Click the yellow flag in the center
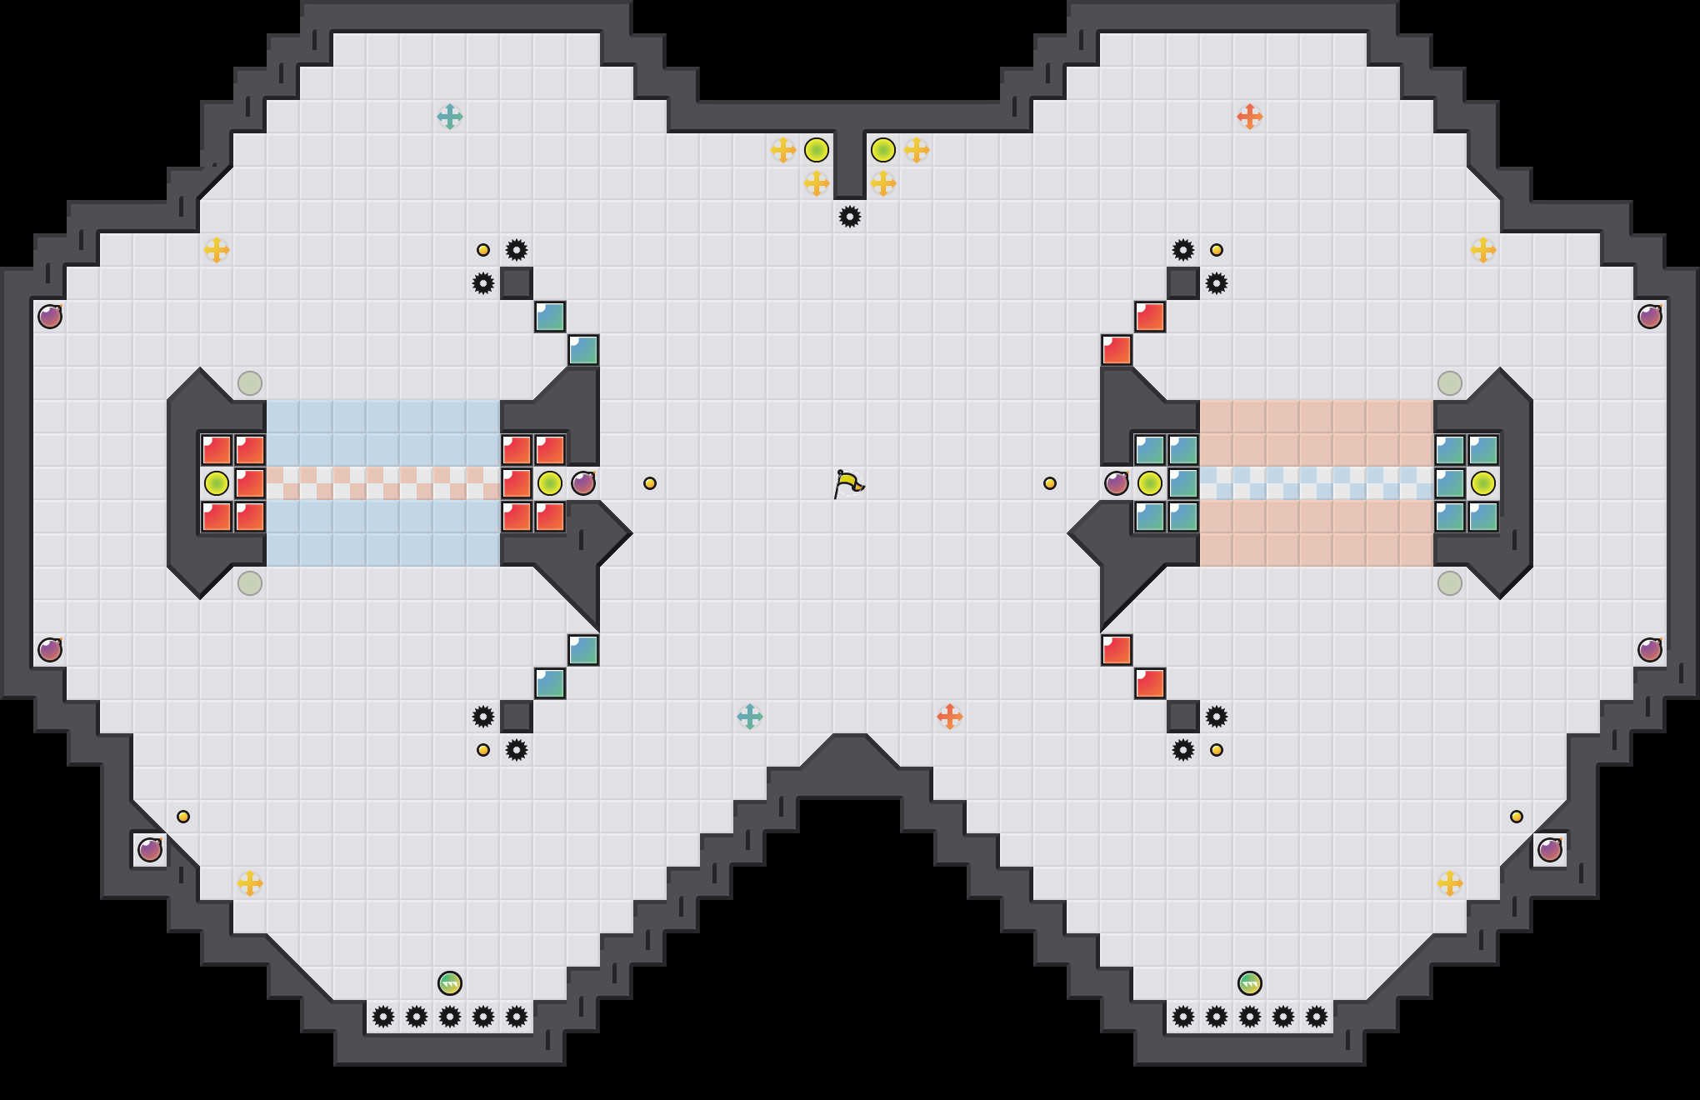point(848,483)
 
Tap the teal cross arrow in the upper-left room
point(450,117)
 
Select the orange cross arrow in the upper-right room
point(1250,117)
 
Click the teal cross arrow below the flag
point(750,717)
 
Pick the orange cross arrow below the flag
point(950,717)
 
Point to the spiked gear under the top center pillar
point(850,217)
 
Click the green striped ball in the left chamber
point(450,983)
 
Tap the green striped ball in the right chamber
point(1250,983)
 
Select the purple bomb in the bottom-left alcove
point(150,850)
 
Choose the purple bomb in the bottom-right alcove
point(1550,850)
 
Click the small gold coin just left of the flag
point(650,483)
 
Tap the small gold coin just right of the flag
point(1050,483)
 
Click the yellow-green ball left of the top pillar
point(817,150)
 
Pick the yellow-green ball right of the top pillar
point(883,150)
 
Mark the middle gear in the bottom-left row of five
point(450,1017)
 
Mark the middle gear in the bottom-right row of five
point(1250,1017)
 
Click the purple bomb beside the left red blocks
point(583,483)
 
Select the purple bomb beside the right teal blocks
point(1117,483)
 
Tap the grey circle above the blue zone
point(250,383)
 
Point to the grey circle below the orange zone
point(1450,583)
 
